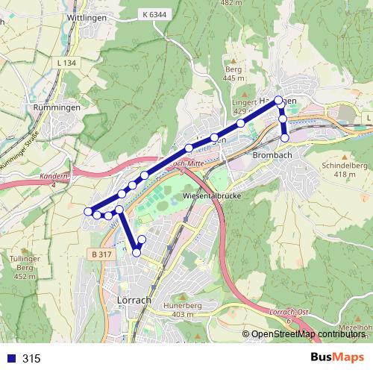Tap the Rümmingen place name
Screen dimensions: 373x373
[x=52, y=107]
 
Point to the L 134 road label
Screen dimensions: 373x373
[x=66, y=63]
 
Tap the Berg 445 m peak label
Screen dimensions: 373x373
[x=233, y=72]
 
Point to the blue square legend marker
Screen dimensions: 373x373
[x=10, y=359]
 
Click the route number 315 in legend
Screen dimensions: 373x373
[x=31, y=359]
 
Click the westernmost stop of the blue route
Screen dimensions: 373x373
[x=89, y=211]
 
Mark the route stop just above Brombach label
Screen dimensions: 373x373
[x=285, y=137]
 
